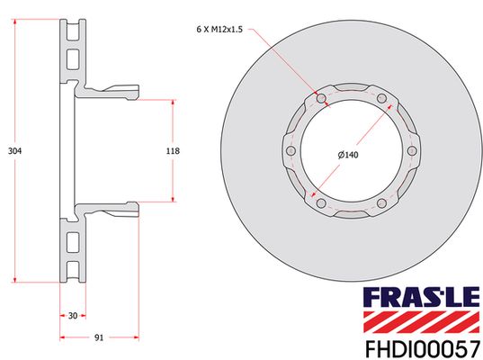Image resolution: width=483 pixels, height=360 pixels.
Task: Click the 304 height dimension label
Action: tap(14, 151)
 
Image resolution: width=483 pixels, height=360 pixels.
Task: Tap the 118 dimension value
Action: tap(173, 151)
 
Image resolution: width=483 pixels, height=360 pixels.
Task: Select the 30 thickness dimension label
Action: tap(73, 316)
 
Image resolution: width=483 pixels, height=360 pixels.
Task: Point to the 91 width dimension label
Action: tap(99, 337)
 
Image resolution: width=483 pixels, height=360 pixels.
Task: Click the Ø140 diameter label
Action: tap(348, 155)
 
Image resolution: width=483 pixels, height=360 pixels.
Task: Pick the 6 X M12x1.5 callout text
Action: tap(219, 30)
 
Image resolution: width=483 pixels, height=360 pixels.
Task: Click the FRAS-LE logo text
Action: tap(422, 297)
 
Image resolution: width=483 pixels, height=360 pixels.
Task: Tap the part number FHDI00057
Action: tap(423, 348)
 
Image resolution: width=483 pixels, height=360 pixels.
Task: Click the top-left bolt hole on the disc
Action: tap(321, 99)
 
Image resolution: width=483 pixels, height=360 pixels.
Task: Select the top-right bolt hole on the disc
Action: tap(382, 99)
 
